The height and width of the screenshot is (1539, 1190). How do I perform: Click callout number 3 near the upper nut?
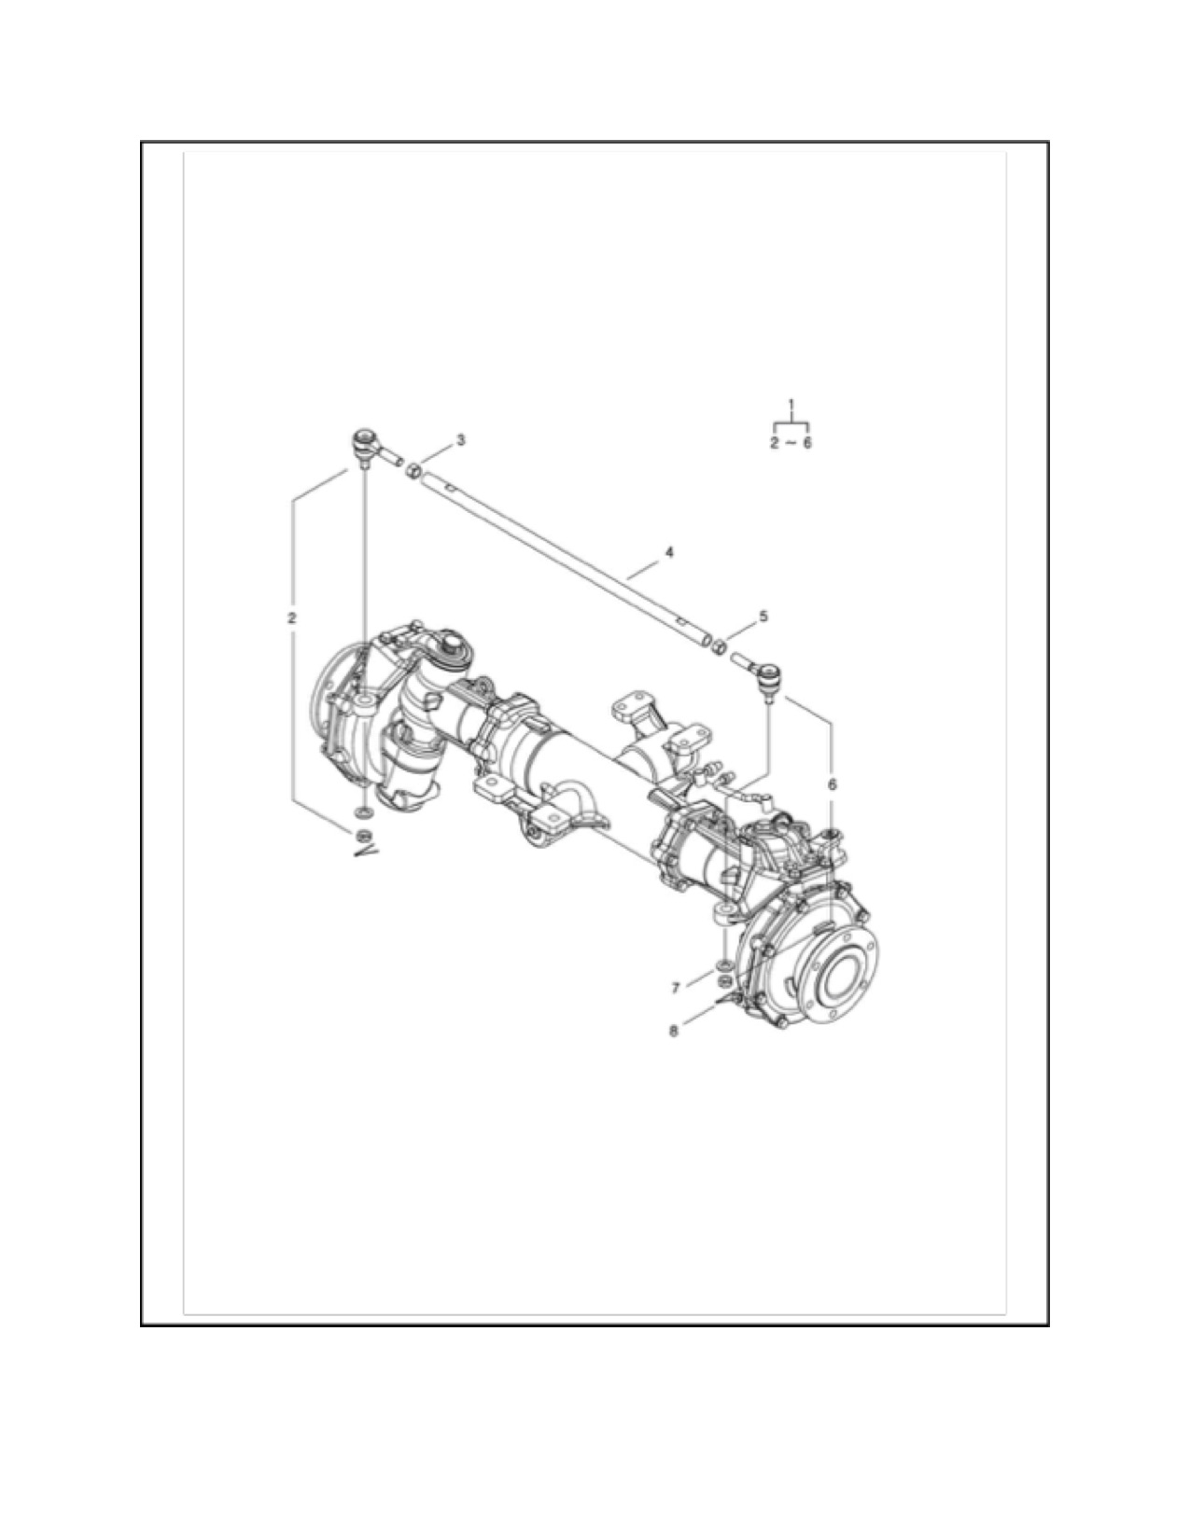(461, 440)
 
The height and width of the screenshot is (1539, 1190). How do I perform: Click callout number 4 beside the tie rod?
(669, 552)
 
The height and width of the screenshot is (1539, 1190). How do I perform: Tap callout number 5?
(763, 617)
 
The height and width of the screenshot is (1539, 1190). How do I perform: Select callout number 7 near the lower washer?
(676, 987)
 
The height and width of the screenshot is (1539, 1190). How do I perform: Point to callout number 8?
(673, 1032)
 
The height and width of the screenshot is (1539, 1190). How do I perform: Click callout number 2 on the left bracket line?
(291, 617)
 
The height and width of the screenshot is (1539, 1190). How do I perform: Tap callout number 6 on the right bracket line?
(833, 784)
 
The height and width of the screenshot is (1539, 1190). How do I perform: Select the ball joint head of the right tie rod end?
(769, 675)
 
